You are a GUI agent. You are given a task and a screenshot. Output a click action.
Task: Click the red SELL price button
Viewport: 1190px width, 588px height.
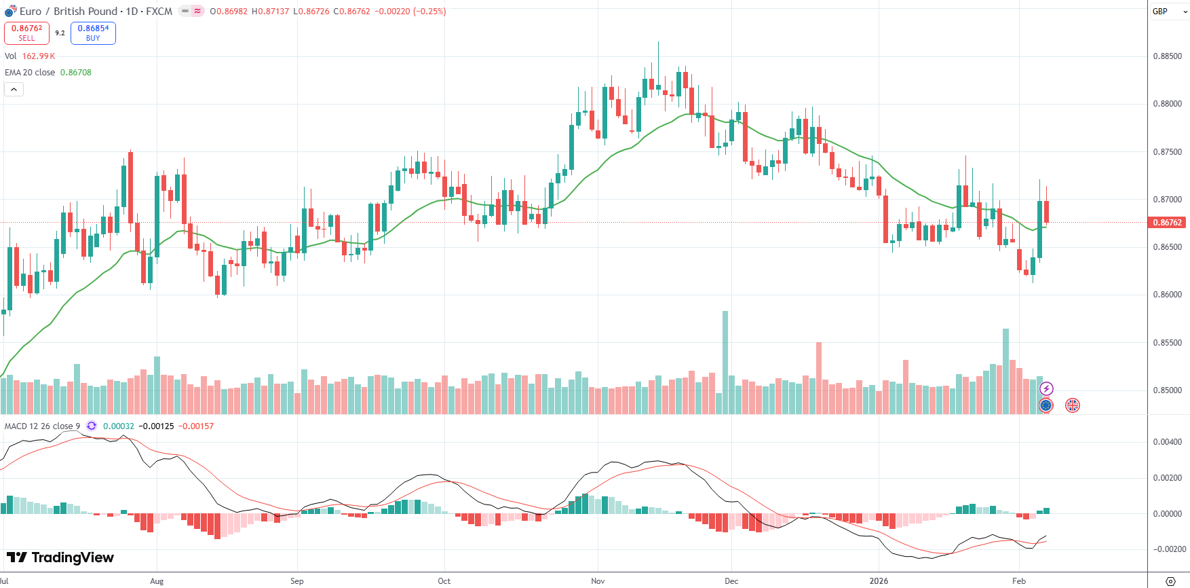pyautogui.click(x=26, y=33)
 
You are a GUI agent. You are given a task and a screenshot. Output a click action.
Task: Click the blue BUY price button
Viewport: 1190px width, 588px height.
pyautogui.click(x=93, y=33)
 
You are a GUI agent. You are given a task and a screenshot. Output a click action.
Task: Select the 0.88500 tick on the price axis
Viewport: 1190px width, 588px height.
pyautogui.click(x=1167, y=56)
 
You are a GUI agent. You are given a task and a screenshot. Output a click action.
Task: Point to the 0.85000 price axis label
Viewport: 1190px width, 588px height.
pyautogui.click(x=1167, y=390)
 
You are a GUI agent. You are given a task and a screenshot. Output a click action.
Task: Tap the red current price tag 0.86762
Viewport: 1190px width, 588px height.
pyautogui.click(x=1167, y=223)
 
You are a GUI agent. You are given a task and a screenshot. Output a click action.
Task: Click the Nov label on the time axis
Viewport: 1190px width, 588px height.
pyautogui.click(x=598, y=581)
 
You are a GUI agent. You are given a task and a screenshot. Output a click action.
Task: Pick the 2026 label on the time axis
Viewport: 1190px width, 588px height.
pyautogui.click(x=879, y=581)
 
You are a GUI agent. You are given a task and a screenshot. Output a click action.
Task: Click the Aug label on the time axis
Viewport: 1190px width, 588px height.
pyautogui.click(x=157, y=581)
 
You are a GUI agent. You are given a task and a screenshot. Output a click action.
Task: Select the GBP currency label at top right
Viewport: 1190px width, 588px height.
pyautogui.click(x=1160, y=12)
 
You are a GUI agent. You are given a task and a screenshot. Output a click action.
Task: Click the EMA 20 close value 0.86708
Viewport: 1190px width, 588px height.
pyautogui.click(x=75, y=73)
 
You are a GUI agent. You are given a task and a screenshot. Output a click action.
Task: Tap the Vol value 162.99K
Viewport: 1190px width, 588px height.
pyautogui.click(x=38, y=56)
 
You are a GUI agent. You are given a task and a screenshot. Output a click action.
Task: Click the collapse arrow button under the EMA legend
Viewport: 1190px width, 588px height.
pyautogui.click(x=14, y=89)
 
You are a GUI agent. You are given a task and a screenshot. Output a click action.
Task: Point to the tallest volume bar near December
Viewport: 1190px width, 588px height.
pyautogui.click(x=725, y=360)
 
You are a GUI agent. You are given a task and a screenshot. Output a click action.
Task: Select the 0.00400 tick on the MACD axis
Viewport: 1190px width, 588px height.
pyautogui.click(x=1167, y=442)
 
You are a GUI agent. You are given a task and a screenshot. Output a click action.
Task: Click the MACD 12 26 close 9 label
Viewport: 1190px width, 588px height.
pyautogui.click(x=42, y=426)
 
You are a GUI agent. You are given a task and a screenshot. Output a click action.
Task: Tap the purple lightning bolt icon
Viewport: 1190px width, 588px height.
pyautogui.click(x=1046, y=389)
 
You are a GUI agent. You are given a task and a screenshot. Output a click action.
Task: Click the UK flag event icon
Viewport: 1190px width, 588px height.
pyautogui.click(x=1072, y=405)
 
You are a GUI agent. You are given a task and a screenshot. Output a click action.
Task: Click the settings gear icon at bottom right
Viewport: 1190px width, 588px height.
pyautogui.click(x=1170, y=581)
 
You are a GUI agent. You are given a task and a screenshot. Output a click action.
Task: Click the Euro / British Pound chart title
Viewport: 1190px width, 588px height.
pyautogui.click(x=95, y=12)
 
